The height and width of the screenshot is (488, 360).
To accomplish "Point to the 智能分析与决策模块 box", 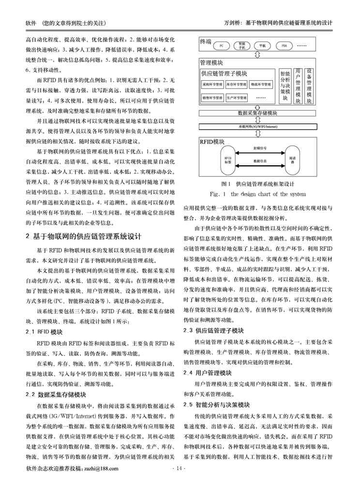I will pos(285,86).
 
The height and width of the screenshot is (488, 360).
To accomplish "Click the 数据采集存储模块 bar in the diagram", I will pos(258,113).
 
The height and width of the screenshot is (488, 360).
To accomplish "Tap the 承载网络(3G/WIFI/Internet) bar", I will pos(258,126).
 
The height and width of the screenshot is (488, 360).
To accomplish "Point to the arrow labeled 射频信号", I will pos(260,153).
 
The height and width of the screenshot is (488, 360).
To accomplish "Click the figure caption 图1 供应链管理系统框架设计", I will pos(257,184).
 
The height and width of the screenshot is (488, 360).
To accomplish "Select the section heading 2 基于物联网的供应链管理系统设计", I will pos(83,237).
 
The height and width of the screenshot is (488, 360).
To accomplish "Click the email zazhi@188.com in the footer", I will pos(101,468).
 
